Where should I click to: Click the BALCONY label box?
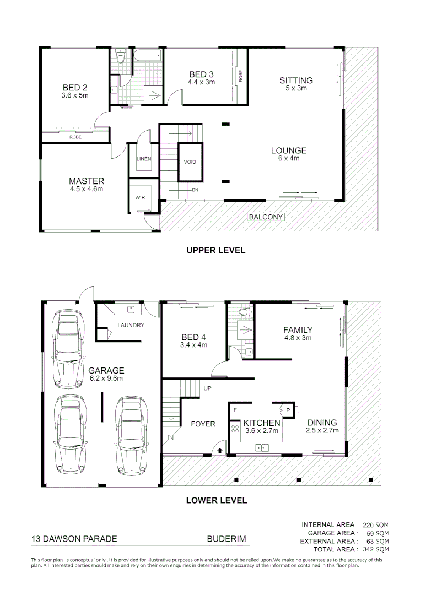(x=266, y=217)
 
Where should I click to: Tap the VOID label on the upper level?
(x=190, y=162)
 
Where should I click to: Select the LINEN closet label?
(x=144, y=159)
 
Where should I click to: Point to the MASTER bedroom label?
(x=87, y=181)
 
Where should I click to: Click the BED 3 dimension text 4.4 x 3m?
(x=201, y=82)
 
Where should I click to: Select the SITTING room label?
(x=296, y=80)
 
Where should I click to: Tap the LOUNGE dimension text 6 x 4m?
(x=289, y=159)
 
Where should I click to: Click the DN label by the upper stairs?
(x=195, y=190)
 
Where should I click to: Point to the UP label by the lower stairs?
(x=208, y=388)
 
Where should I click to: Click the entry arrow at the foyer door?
(x=220, y=450)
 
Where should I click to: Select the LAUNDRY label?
(x=131, y=325)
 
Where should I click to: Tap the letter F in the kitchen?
(x=235, y=410)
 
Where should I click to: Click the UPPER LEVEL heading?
(x=215, y=250)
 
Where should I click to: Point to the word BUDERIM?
(x=226, y=539)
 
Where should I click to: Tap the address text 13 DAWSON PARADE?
(x=74, y=539)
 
